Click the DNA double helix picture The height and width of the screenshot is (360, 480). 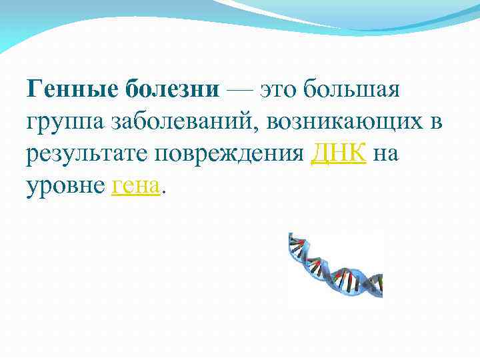(x=335, y=265)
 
